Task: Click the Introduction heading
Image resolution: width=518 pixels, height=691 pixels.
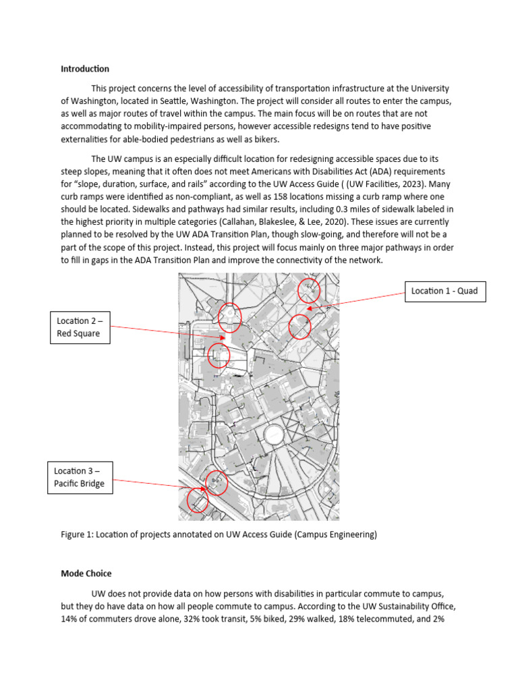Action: [x=85, y=69]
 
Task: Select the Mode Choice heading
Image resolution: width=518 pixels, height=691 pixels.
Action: [x=86, y=573]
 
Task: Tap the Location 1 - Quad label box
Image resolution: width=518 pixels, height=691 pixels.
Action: [x=444, y=291]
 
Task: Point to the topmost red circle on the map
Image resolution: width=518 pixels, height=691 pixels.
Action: [x=309, y=289]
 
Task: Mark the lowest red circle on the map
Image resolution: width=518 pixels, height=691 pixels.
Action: [x=197, y=501]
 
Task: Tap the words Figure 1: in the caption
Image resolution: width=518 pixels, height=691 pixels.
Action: [x=76, y=535]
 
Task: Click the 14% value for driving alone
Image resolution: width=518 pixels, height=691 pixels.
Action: [x=70, y=618]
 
